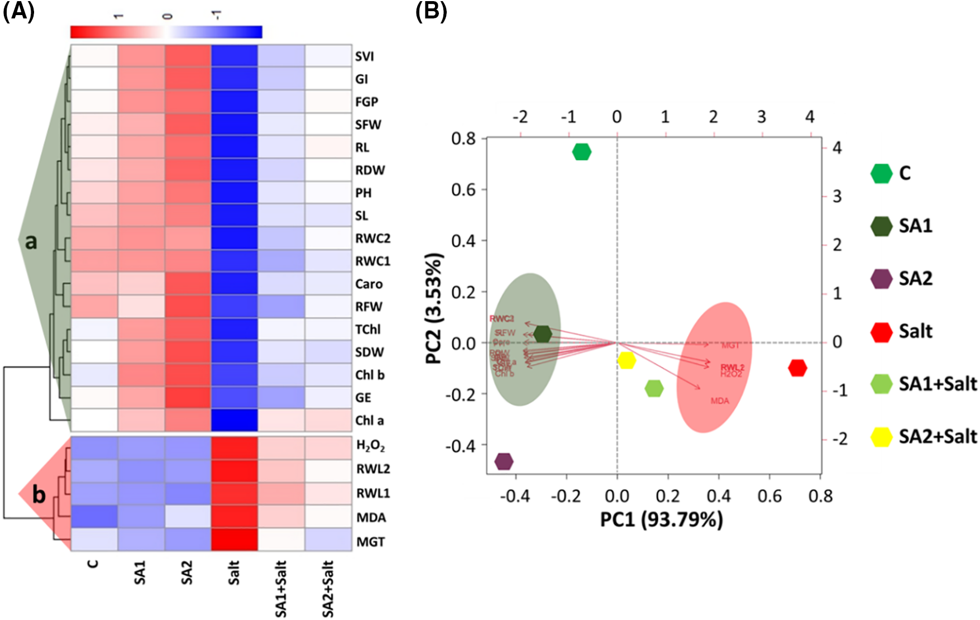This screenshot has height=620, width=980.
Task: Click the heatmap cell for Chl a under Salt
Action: point(235,420)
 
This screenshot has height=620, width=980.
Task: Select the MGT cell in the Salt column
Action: point(235,540)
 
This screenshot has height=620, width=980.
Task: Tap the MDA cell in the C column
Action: point(94,517)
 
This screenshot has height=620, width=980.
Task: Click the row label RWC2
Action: point(372,239)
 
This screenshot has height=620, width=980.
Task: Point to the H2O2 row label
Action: point(371,446)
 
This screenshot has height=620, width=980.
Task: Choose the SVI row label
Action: point(365,56)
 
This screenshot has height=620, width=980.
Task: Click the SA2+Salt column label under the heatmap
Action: point(328,589)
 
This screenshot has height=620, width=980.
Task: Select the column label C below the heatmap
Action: point(93,564)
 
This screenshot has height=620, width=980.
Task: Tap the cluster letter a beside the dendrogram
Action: point(31,241)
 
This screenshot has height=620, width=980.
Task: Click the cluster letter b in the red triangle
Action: point(39,495)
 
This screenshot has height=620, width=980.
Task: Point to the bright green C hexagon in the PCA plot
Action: point(581,152)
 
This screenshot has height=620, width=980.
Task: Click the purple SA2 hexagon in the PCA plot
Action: point(504,461)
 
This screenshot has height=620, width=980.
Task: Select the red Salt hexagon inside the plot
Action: point(797,368)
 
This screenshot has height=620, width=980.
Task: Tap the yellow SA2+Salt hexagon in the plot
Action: point(627,360)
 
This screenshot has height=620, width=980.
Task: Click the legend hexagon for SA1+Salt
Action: point(882,384)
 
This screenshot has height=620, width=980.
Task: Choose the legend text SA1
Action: point(915,226)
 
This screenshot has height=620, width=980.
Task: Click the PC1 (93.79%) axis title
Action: point(661,520)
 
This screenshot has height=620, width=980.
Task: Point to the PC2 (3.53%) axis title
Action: point(434,308)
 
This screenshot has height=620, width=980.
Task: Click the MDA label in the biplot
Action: point(720,400)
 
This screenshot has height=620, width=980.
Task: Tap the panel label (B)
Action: point(431,12)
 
